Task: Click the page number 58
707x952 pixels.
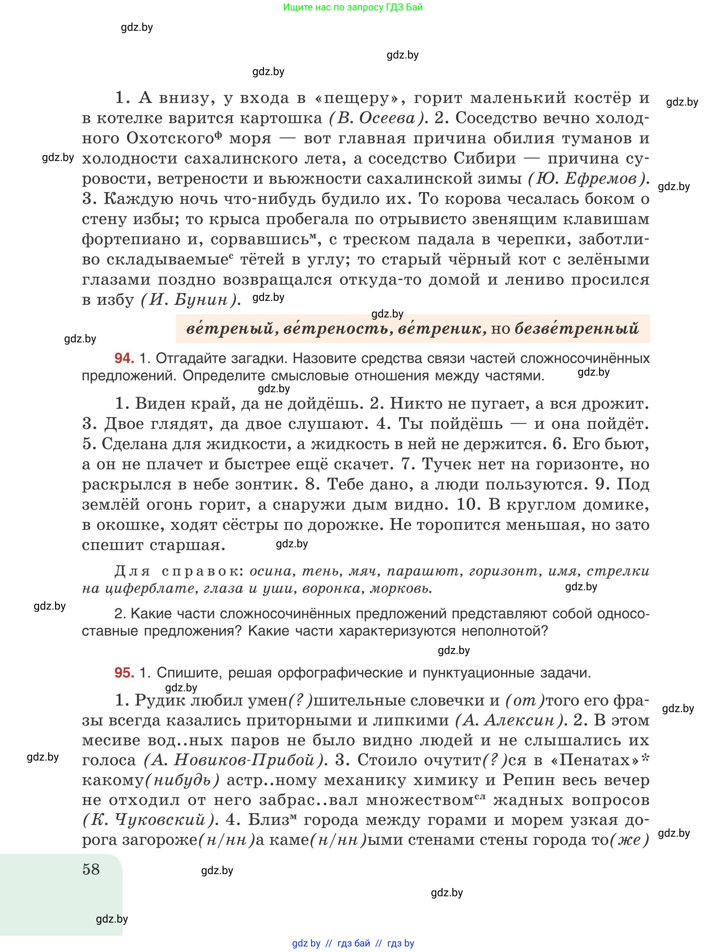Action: click(x=91, y=869)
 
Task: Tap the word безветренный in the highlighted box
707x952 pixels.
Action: click(x=576, y=329)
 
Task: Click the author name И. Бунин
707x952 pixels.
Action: click(x=190, y=300)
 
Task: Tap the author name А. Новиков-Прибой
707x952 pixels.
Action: click(x=236, y=760)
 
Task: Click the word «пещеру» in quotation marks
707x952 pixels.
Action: click(x=360, y=98)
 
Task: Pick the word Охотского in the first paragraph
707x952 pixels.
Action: click(x=170, y=138)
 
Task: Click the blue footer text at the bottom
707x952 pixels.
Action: click(x=353, y=943)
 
